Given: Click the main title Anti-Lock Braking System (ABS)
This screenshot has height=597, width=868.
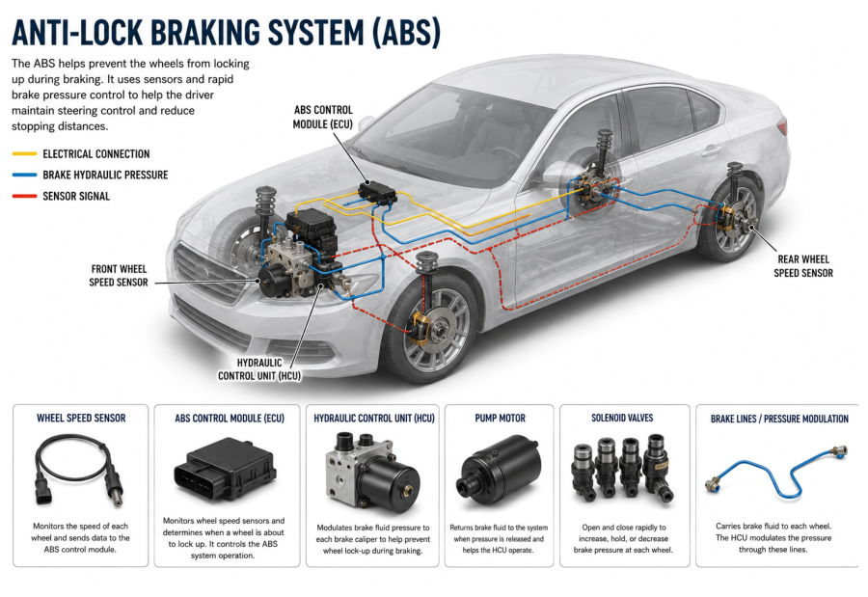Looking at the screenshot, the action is coord(226,33).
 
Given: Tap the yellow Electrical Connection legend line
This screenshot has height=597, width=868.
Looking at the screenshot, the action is coord(24,153).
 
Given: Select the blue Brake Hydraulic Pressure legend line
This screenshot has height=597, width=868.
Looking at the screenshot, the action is coord(24,175).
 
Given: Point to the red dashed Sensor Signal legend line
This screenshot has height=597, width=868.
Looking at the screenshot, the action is coord(24,196).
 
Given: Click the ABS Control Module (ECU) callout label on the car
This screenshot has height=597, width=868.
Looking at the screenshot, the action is coord(323,117).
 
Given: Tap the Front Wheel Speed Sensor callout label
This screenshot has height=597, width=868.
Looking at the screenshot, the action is coord(119,275).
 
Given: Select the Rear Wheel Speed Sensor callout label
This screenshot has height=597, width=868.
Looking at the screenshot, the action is coord(803,266).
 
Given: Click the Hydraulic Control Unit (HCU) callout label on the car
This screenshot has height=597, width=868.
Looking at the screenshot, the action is coord(259,369).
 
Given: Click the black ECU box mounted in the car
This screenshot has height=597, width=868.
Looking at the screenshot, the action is coord(377,192).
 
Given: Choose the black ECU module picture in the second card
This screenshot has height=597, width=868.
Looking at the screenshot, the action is coord(226,469).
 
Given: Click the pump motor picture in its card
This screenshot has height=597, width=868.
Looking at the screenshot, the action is coord(499,469).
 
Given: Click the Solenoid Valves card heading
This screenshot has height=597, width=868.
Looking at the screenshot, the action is coord(622,418).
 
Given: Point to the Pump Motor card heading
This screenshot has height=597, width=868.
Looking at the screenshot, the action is coord(500,419).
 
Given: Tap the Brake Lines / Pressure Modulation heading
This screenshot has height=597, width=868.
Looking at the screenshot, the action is coord(779,419).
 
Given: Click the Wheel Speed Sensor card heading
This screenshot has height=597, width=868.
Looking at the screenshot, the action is coord(81,419).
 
